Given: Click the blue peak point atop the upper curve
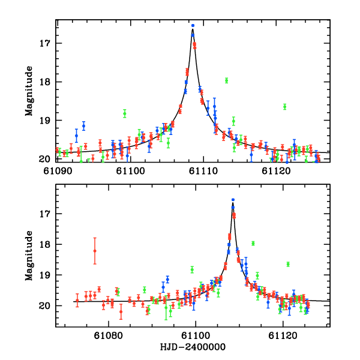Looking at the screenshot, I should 193,26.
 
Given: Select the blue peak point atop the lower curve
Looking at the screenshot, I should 233,199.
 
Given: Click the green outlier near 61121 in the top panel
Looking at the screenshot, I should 285,107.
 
